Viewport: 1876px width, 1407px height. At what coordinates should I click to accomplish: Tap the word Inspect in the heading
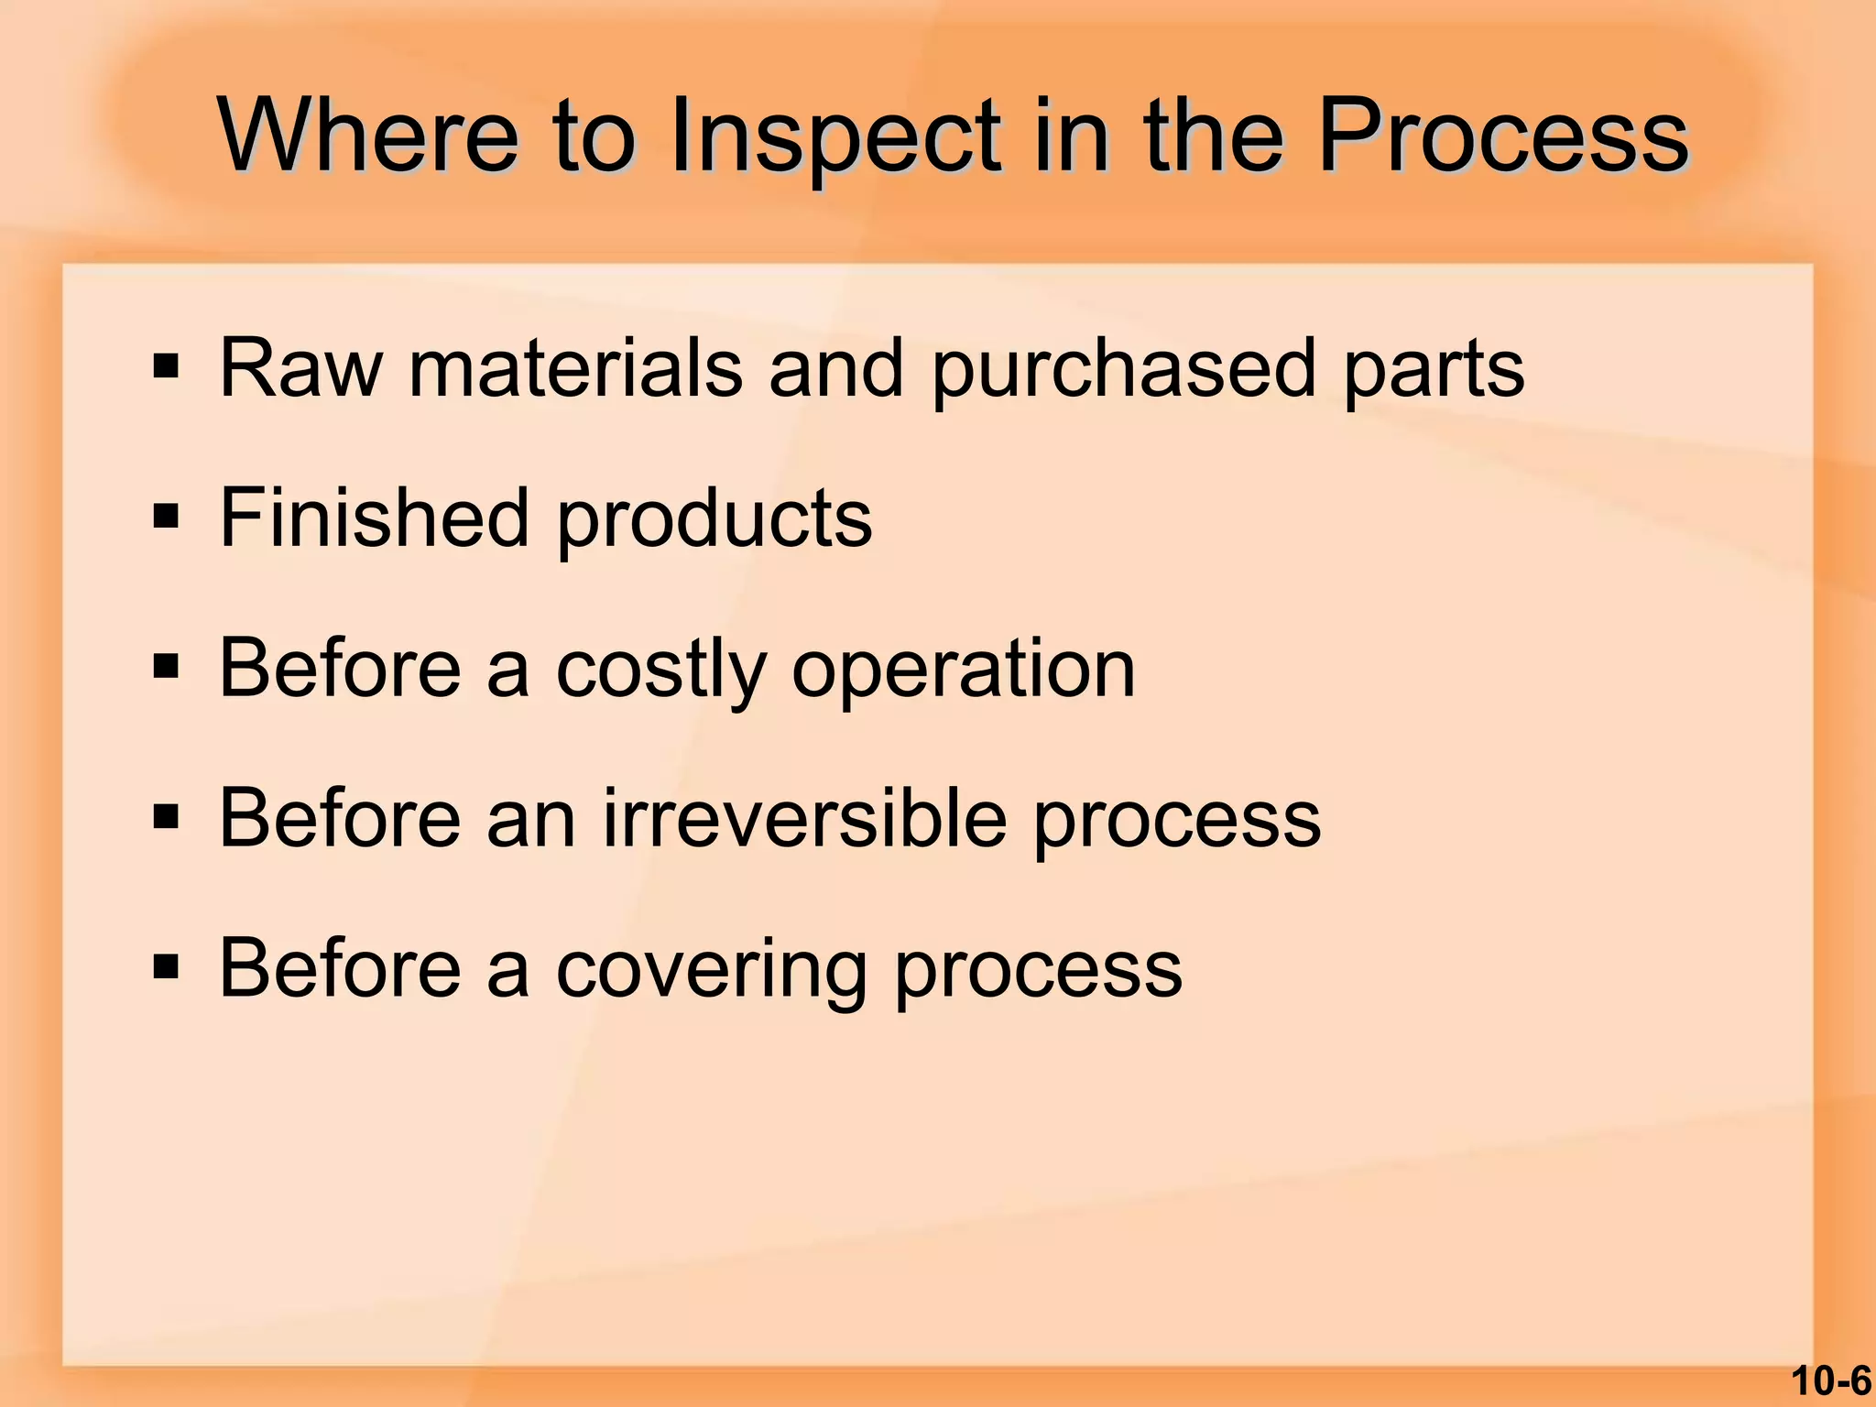tap(834, 137)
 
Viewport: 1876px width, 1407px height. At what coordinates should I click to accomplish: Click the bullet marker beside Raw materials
tap(166, 368)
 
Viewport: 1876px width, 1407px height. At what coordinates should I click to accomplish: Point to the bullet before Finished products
tap(166, 518)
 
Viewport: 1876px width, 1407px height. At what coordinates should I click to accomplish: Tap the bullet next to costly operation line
tap(166, 669)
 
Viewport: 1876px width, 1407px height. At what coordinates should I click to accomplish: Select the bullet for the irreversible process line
tap(166, 818)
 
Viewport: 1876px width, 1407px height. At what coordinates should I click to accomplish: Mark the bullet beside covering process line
tap(166, 968)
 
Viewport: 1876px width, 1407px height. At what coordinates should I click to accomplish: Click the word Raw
tap(300, 368)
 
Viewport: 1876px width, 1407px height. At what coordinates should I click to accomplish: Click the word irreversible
tap(805, 818)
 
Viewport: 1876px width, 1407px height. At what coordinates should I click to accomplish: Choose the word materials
tap(575, 368)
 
